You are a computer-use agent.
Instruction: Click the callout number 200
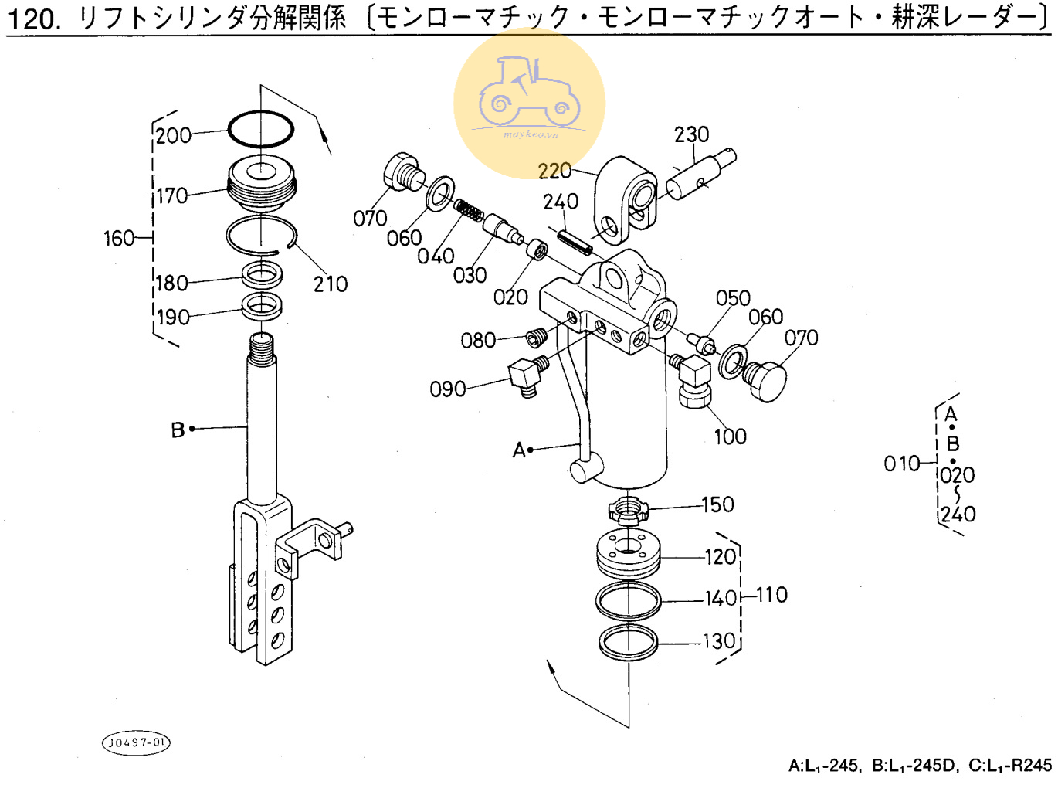[x=173, y=136]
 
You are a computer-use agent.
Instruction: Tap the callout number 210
[x=331, y=284]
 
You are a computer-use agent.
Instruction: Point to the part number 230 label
[x=691, y=134]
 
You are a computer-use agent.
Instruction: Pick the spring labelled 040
[x=469, y=210]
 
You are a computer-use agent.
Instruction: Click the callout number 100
[x=730, y=436]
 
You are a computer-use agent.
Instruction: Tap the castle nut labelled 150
[x=628, y=510]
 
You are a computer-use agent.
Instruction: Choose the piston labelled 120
[x=628, y=553]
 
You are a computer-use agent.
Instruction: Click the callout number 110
[x=771, y=595]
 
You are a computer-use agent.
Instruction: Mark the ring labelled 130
[x=628, y=642]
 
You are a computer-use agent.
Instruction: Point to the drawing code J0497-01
[x=136, y=742]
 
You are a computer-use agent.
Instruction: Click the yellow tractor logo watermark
[x=529, y=103]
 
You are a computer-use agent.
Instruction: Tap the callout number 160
[x=119, y=238]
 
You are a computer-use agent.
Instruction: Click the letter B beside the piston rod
[x=178, y=430]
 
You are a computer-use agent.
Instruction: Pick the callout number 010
[x=901, y=464]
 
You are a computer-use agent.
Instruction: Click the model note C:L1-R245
[x=1010, y=766]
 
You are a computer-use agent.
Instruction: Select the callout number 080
[x=478, y=341]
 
